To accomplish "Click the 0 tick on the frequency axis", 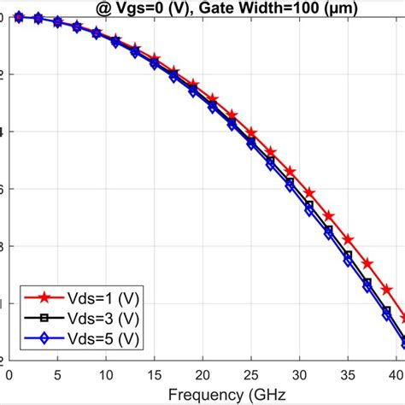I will coord(9,373).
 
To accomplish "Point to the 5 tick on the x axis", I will coord(57,373).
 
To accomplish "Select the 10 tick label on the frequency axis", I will coord(106,373).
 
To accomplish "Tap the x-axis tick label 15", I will coord(155,373).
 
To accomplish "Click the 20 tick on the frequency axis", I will coord(202,373).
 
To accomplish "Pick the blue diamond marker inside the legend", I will coord(42,339).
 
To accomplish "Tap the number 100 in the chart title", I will coord(308,9).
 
